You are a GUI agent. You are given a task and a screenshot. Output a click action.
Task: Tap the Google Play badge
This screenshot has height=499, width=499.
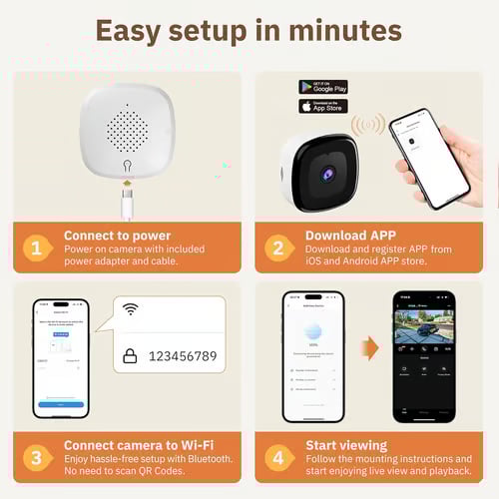click(x=323, y=87)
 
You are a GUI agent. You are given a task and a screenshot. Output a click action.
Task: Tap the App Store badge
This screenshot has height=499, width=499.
click(x=323, y=106)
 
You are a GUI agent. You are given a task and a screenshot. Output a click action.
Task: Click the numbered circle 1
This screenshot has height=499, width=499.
click(x=36, y=247)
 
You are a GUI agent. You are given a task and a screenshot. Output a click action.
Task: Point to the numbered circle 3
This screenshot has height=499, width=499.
click(x=36, y=456)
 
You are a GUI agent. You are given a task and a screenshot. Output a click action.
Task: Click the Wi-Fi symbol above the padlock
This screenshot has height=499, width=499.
click(x=130, y=309)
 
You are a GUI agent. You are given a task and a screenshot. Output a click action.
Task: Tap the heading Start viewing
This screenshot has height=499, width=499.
click(x=346, y=445)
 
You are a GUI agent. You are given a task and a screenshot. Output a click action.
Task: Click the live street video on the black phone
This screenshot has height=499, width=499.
click(x=423, y=327)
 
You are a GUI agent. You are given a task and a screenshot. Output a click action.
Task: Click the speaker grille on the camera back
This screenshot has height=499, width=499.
click(x=125, y=128)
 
